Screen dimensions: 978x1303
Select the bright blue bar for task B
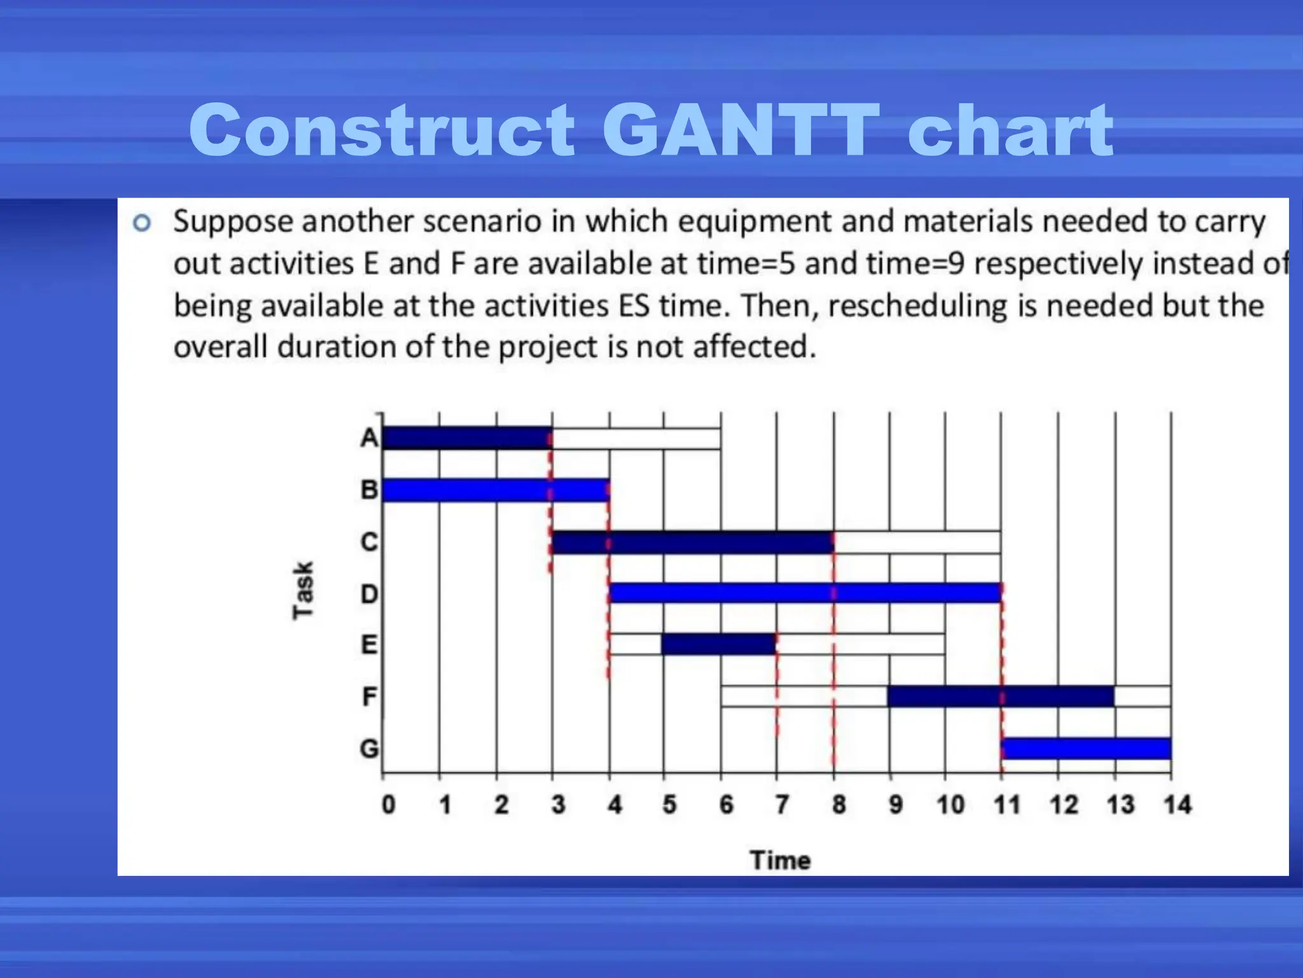click(x=495, y=490)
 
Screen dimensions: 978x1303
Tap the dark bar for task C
click(x=692, y=542)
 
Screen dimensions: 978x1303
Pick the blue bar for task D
click(x=805, y=593)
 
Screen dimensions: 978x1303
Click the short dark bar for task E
click(x=719, y=644)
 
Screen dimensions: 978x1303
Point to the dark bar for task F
click(x=1000, y=697)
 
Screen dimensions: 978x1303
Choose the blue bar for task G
click(x=1087, y=748)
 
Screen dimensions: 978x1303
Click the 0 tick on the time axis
click(x=388, y=805)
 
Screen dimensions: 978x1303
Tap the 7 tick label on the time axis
click(x=782, y=805)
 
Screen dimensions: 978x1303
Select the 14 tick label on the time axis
click(x=1177, y=805)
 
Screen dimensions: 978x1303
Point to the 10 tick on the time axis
click(x=951, y=805)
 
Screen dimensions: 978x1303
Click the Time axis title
click(x=780, y=860)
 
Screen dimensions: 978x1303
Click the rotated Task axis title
click(x=303, y=590)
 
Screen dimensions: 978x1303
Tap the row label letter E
click(x=369, y=645)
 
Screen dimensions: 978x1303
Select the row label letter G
click(x=369, y=748)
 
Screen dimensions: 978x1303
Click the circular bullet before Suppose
click(x=142, y=223)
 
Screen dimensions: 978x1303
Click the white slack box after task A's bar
click(x=636, y=439)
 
